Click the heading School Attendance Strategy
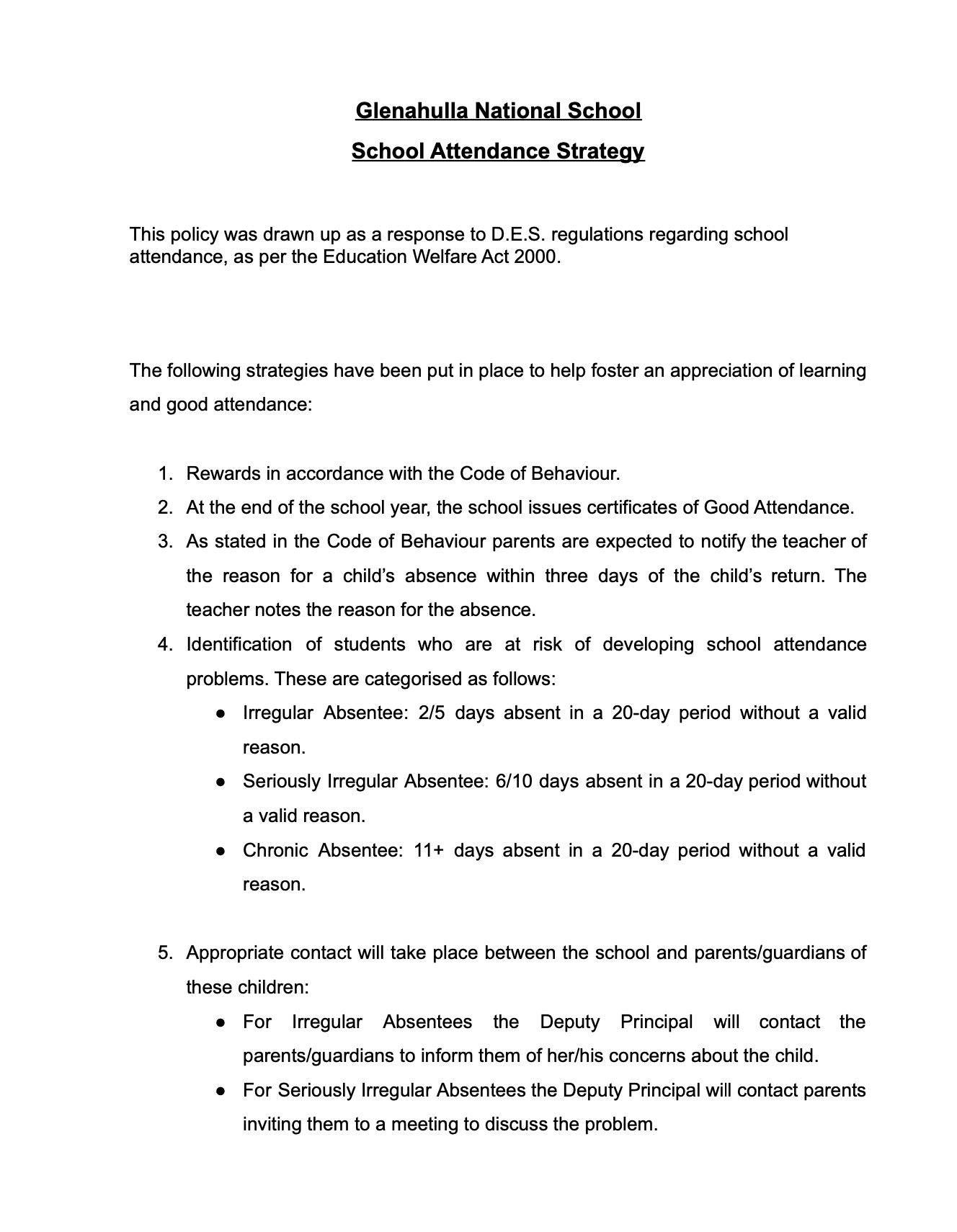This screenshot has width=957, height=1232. tap(497, 151)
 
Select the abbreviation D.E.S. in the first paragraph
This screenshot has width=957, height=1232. tap(517, 235)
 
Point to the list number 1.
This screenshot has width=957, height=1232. tap(165, 474)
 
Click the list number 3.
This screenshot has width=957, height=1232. tap(165, 542)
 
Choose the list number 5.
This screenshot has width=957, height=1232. tap(165, 953)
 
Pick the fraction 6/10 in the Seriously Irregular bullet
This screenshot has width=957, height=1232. tap(514, 782)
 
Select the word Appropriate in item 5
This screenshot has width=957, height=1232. tap(235, 953)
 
